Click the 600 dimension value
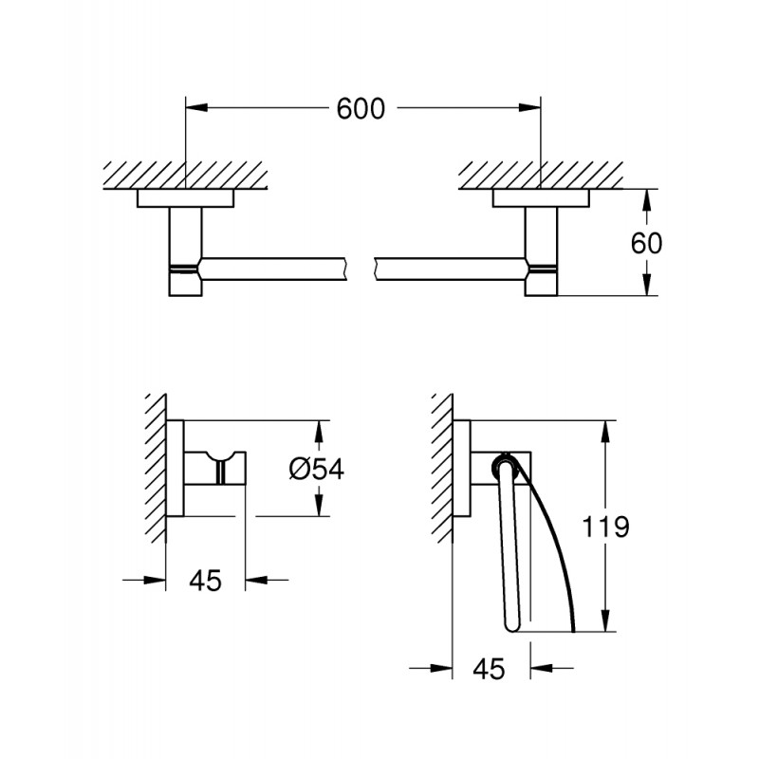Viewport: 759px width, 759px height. pos(361,109)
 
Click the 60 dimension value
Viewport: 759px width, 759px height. pos(645,243)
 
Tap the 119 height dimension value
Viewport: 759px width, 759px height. pos(606,528)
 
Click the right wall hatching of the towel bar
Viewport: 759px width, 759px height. pos(540,174)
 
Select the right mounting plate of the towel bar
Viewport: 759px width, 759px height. pos(540,198)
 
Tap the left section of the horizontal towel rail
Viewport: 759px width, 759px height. pos(275,267)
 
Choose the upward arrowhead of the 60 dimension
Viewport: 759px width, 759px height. pos(645,197)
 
